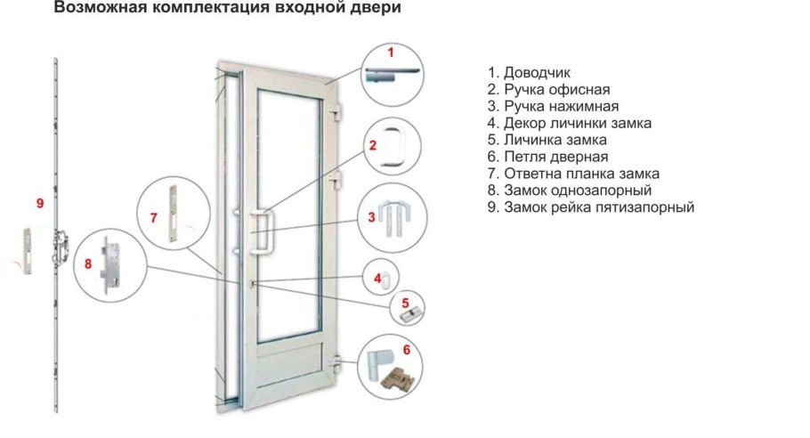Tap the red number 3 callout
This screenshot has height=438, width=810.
[371, 216]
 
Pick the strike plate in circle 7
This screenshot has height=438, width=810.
[172, 209]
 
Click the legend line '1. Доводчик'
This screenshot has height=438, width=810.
[534, 72]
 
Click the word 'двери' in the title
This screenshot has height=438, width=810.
[357, 9]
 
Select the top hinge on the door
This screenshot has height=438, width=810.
[336, 116]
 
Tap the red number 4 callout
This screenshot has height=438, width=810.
[377, 278]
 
